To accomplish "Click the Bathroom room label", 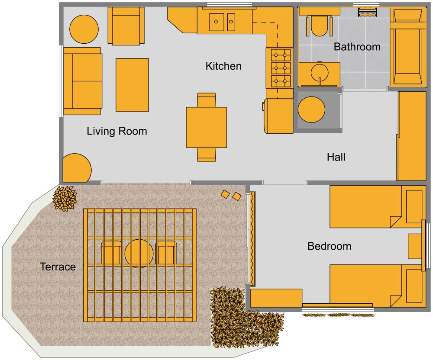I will point(357,47).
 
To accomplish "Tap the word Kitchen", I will point(223,66).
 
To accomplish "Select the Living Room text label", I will point(117,131).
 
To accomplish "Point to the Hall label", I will point(336,157).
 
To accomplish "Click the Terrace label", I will point(58,267).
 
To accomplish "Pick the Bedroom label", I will point(329,247).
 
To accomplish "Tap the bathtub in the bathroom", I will point(407,48).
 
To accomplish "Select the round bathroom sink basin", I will point(320,72).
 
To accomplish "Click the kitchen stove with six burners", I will point(280,68).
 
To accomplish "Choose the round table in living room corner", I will point(84,29).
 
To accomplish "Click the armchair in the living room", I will point(126,26).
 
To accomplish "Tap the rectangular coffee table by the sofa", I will point(132,85).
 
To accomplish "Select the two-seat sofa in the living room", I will point(82,81).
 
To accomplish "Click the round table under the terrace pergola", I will point(139,253).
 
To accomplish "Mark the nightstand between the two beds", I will point(415,247).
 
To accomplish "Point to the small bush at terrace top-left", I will point(65,199).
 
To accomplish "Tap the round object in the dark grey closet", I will point(311,109).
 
